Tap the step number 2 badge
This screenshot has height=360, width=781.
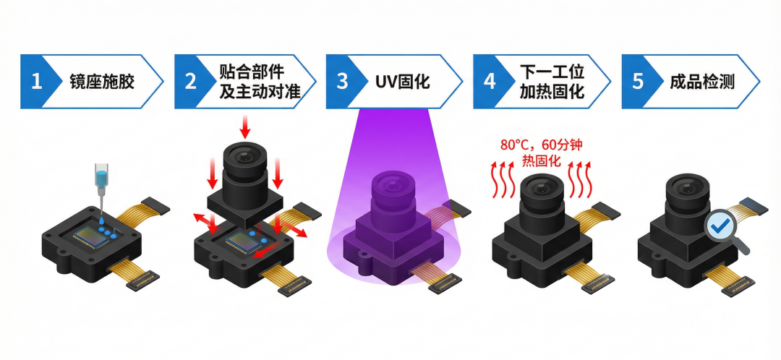190,81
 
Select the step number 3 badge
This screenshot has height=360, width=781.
342,81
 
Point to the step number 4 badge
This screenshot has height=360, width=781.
490,81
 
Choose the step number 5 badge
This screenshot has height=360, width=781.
637,81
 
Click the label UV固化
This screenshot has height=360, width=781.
404,81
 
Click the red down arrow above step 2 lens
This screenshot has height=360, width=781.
244,127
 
